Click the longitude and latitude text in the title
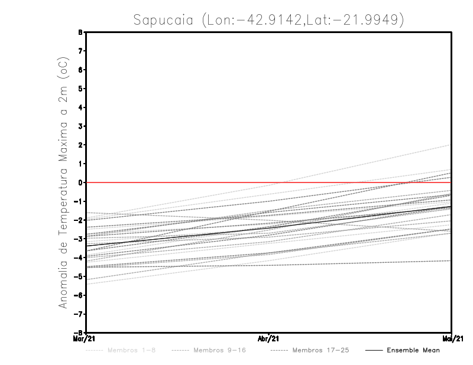pos(302,20)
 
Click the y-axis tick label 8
pos(80,32)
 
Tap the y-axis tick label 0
pos(80,182)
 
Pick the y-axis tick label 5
pos(80,89)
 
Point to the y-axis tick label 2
pos(80,145)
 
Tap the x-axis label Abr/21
pos(269,339)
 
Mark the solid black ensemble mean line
pos(269,227)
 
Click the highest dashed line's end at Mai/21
pos(451,145)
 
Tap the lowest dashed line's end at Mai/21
pos(451,260)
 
